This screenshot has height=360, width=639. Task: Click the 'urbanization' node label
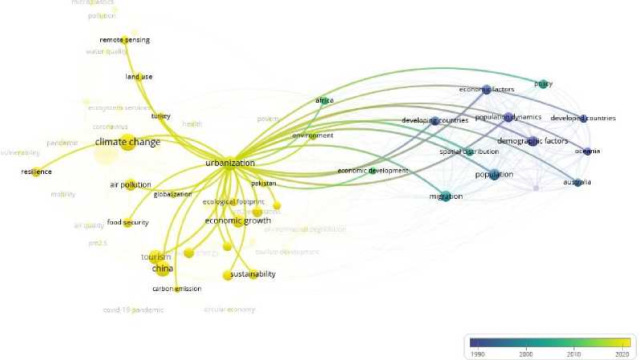[x=229, y=163]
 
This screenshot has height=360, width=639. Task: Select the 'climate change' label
[x=127, y=143]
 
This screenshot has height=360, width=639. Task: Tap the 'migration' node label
[x=446, y=196]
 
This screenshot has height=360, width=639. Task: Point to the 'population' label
[x=494, y=175]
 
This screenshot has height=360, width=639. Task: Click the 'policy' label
[x=544, y=83]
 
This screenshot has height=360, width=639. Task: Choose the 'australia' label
[x=576, y=183]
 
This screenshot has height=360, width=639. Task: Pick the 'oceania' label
[x=587, y=152]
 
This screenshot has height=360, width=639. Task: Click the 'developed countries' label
[x=584, y=119]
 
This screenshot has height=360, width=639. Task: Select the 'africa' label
[x=324, y=101]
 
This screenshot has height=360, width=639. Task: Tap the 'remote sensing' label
[x=124, y=40]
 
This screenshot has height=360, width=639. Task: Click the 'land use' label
[x=139, y=77]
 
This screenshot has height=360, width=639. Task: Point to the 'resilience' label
[x=36, y=172]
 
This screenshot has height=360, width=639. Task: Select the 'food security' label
[x=127, y=222]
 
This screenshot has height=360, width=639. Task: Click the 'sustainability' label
[x=253, y=274]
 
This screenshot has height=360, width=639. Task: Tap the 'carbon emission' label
[x=176, y=289]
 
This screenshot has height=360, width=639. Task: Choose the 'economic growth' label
[x=237, y=221]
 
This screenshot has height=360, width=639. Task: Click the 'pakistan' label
[x=263, y=184]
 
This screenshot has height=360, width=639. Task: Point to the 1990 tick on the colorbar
[x=477, y=353]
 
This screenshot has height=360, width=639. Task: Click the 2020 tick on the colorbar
[x=619, y=353]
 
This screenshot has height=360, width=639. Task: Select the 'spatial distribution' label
[x=469, y=152]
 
